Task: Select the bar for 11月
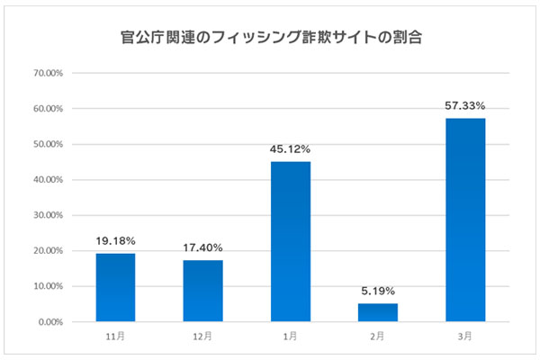(x=115, y=287)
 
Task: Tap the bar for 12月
(x=202, y=291)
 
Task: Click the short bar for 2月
(x=376, y=312)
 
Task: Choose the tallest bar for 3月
(x=464, y=220)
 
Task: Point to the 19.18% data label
(x=115, y=241)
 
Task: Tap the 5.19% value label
(x=376, y=292)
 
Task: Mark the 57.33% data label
(x=464, y=106)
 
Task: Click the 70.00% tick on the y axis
(x=47, y=73)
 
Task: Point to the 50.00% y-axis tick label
(x=47, y=144)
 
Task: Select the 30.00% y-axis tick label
(x=47, y=215)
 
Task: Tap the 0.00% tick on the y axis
(x=49, y=322)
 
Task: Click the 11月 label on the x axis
(x=115, y=336)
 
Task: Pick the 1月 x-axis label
(x=289, y=336)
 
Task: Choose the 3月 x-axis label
(x=464, y=336)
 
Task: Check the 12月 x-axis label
(x=202, y=336)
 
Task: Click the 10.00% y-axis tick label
(x=47, y=286)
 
